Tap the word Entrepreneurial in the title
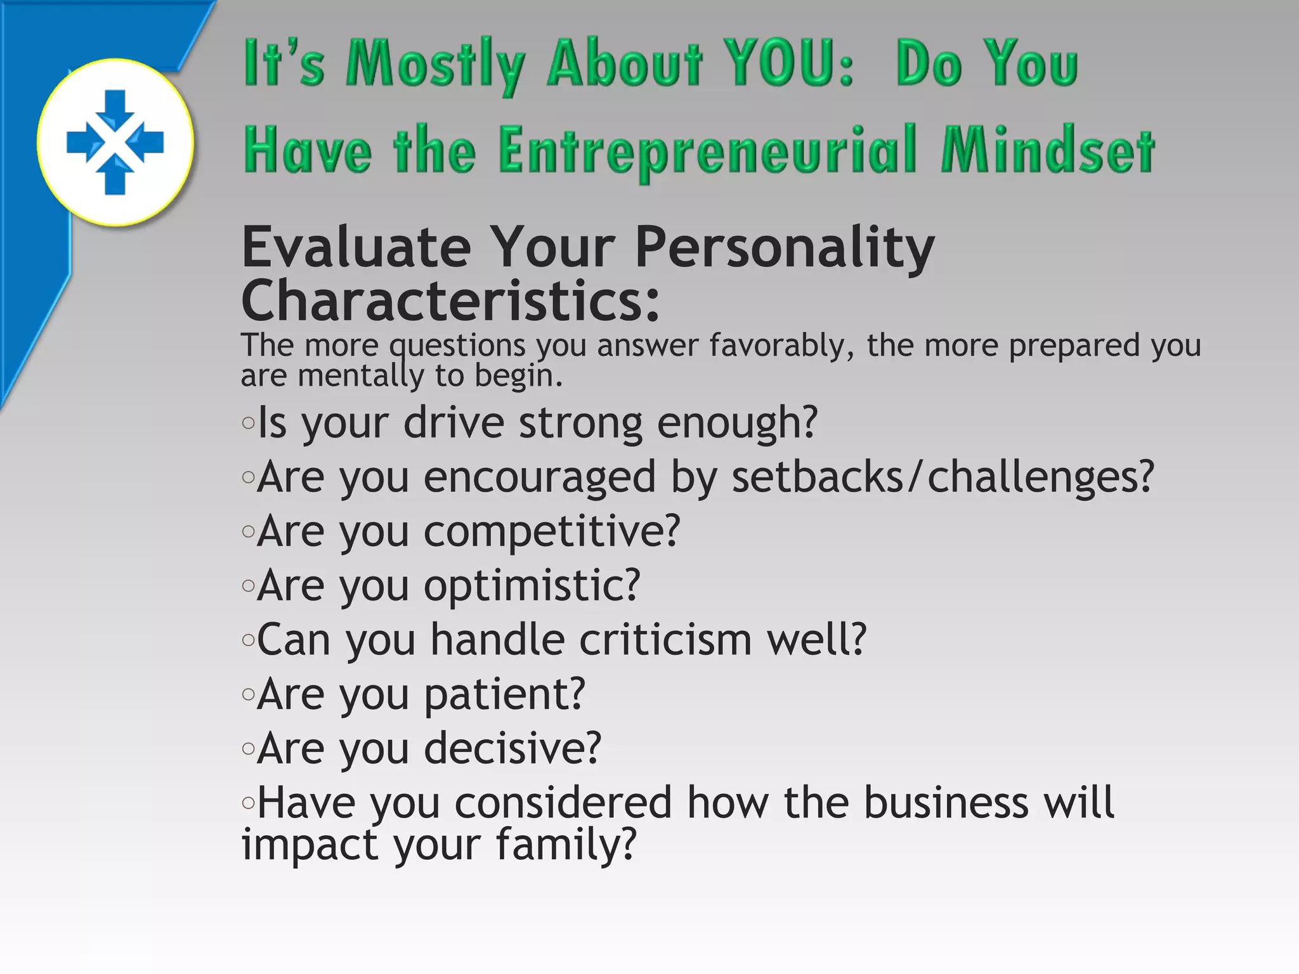coord(707,151)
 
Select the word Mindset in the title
coord(1047,151)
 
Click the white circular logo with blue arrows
coord(115,142)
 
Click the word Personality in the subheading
coord(784,249)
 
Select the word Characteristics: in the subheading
coord(450,301)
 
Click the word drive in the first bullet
coord(454,423)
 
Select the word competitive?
coord(552,531)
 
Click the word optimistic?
coord(532,585)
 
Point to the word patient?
coord(504,694)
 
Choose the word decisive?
coord(512,748)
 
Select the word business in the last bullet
coord(946,803)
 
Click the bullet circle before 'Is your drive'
coord(248,423)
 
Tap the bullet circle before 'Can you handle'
coord(248,640)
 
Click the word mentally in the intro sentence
coord(360,376)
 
